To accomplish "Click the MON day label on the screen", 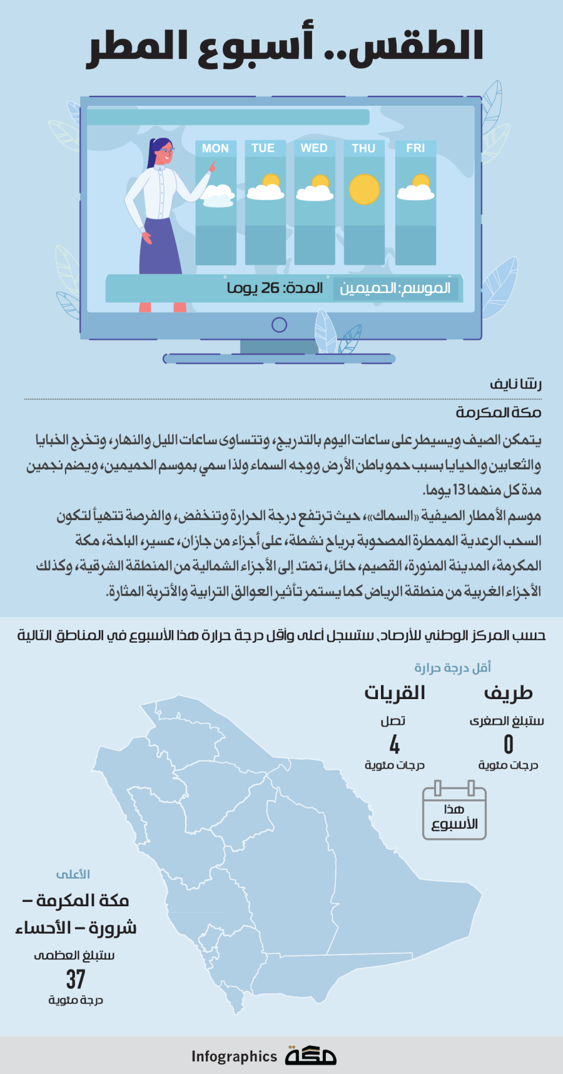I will pos(215,148).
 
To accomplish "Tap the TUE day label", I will pos(263,148).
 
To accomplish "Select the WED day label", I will pos(314,148).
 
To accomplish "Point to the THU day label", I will pos(363,148).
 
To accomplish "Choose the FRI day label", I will pos(415,148).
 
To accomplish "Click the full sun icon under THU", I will pos(364,190).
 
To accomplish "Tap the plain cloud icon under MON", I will pos(216,196).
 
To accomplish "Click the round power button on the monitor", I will pos(279,325).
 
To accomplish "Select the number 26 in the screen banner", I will pos(270,288).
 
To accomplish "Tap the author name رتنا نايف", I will pos(516,384).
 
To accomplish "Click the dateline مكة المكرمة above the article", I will pos(499,412).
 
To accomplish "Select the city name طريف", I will pos(508,693).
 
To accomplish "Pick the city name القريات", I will pos(395,693).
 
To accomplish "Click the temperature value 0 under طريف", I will pos(508,744).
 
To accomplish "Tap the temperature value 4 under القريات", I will pos(394,744).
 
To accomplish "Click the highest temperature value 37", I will pos(76,979).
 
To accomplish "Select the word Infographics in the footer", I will pos(234,1056).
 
